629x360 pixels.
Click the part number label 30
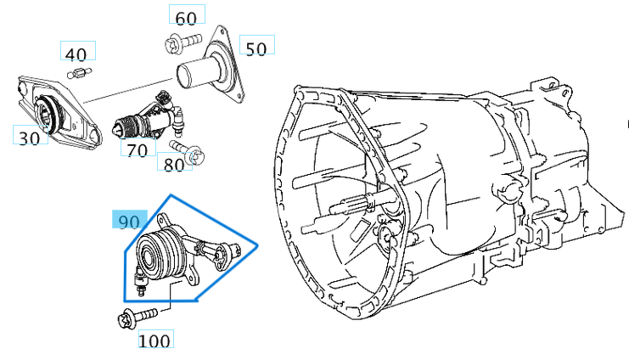pos(30,137)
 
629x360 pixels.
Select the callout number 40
pos(76,54)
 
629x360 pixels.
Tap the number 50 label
pos(256,48)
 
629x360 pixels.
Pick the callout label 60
pos(185,17)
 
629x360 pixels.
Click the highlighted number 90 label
pos(128,222)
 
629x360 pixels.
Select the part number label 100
pos(154,340)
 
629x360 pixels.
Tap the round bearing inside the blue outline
pos(160,252)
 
